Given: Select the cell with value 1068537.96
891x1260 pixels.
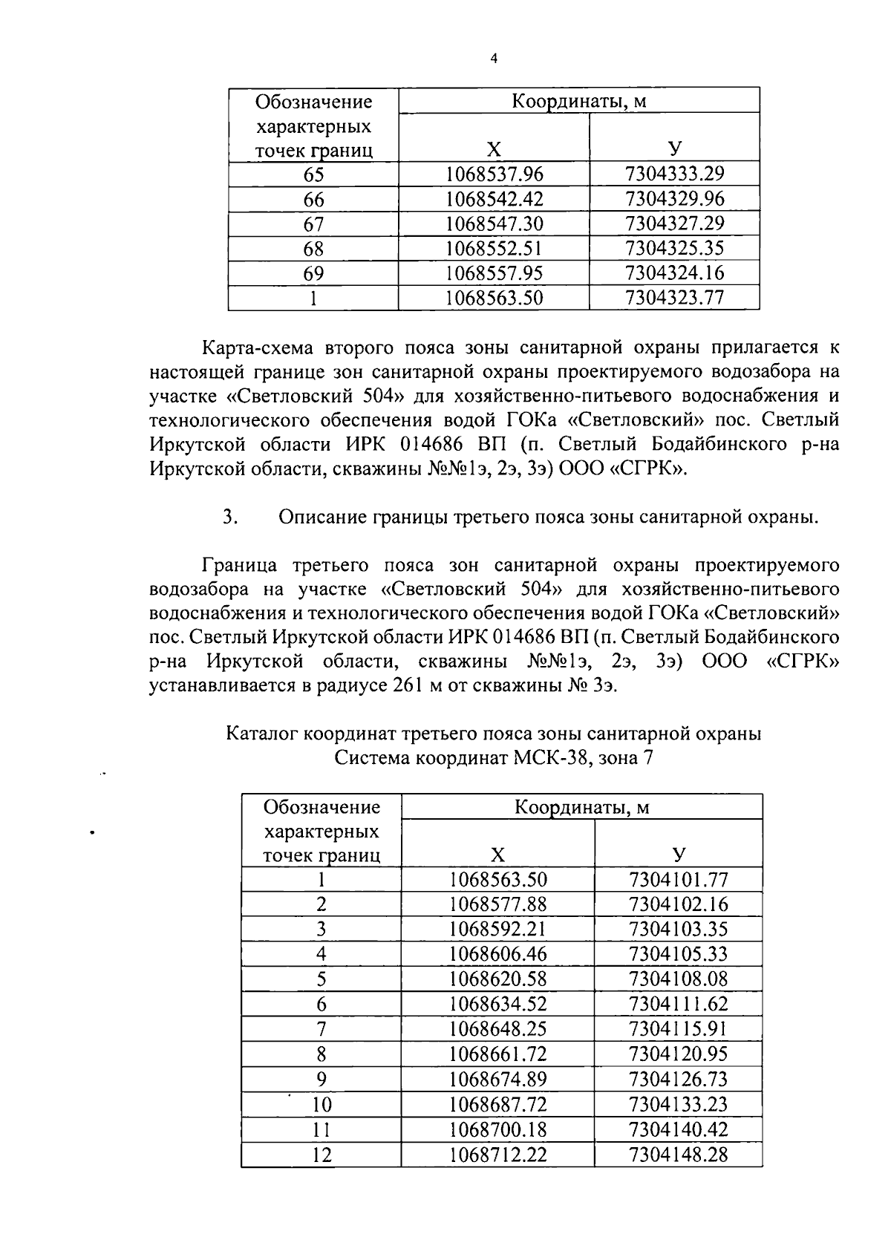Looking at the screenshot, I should click(494, 174).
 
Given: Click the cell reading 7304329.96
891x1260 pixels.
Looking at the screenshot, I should click(674, 199).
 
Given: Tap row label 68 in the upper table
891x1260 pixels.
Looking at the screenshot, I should click(313, 249).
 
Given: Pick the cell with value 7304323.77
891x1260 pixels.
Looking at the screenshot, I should click(674, 298).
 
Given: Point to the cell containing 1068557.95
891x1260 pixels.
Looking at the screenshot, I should click(494, 273).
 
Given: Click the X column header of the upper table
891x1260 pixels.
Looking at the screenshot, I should click(494, 149).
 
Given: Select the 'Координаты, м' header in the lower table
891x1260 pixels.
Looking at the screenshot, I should click(581, 807).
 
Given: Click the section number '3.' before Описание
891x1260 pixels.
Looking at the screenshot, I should click(229, 517).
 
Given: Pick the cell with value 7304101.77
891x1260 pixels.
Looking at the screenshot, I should click(678, 880).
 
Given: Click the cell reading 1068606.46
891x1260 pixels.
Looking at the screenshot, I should click(498, 954).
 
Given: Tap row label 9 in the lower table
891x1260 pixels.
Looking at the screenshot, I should click(321, 1079).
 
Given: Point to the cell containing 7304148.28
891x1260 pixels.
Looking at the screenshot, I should click(678, 1155).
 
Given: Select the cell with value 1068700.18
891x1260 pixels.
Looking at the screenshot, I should click(498, 1129).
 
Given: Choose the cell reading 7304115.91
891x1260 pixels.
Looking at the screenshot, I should click(678, 1029).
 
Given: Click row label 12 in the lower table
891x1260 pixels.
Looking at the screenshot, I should click(321, 1155).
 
